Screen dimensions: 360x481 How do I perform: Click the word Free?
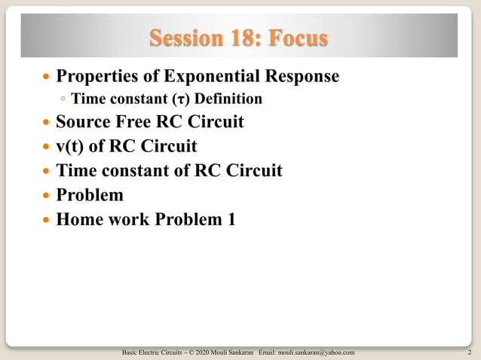(x=136, y=121)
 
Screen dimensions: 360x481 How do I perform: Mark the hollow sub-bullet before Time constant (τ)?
(x=63, y=99)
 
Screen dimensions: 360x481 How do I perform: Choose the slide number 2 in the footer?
(x=470, y=352)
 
